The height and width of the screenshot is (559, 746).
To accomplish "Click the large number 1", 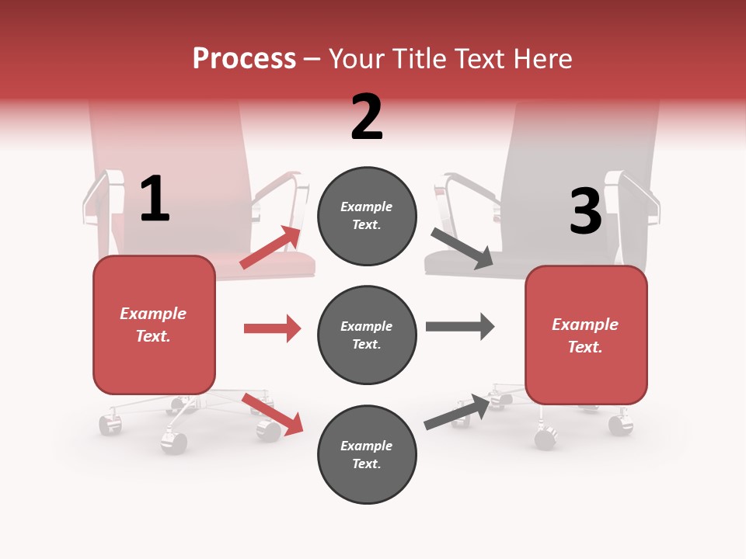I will point(155,199).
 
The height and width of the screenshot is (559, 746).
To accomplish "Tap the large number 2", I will point(367,117).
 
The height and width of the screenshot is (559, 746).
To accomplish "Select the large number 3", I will point(585,212).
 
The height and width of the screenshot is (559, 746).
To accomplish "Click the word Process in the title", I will point(244,58).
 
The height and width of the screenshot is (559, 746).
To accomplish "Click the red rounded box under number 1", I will point(154,325).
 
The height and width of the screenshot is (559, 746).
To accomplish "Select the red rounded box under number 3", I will point(586,335).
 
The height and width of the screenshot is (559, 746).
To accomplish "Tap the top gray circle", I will point(367,216).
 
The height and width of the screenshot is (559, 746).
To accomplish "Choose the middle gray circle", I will point(367,335).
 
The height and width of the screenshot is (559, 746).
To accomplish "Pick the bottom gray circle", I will point(367,454).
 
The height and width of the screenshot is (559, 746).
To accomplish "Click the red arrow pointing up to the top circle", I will point(271,248).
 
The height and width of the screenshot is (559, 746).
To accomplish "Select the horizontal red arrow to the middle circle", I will point(272,328).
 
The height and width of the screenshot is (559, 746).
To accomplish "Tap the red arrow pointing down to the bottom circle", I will point(273,414).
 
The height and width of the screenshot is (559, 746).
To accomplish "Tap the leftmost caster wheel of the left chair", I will point(110,424).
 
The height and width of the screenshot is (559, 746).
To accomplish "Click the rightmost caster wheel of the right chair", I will point(620,424).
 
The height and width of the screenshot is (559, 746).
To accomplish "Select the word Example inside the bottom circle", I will point(367,446).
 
